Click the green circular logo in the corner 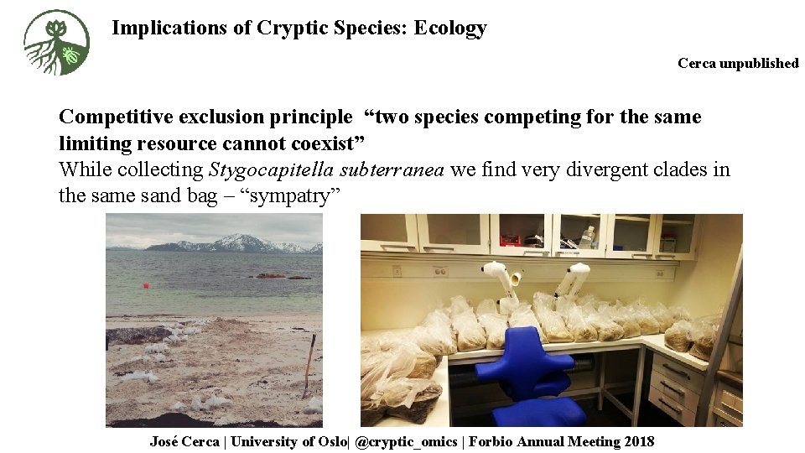tap(57, 43)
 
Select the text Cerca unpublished tap(738, 63)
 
